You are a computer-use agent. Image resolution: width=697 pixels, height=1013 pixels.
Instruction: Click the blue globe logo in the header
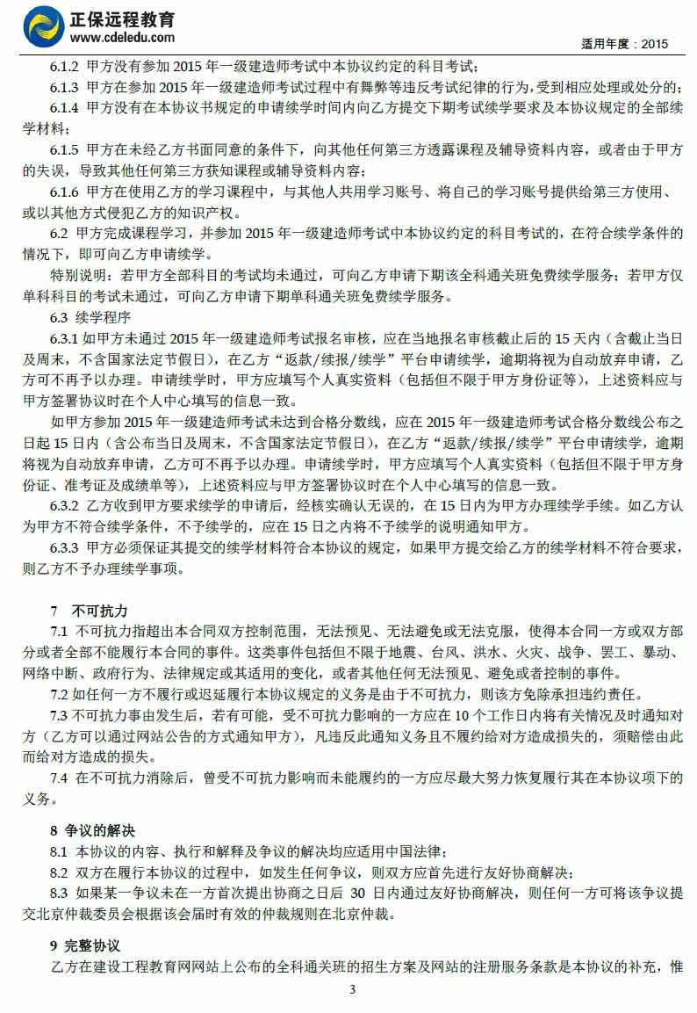43,26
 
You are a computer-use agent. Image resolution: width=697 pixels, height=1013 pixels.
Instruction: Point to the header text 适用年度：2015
625,43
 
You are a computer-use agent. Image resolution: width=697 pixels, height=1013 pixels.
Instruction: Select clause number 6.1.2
64,67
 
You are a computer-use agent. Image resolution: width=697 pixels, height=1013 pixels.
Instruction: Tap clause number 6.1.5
64,151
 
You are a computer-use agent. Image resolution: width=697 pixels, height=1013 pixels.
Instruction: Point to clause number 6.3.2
64,507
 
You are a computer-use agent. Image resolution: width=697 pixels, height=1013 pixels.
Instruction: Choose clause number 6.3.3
64,549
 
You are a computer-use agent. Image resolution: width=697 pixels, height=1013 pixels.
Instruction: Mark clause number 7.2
59,695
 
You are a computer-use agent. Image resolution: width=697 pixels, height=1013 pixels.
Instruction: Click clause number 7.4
59,779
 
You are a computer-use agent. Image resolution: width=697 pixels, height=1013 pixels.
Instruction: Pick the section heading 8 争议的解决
92,830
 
